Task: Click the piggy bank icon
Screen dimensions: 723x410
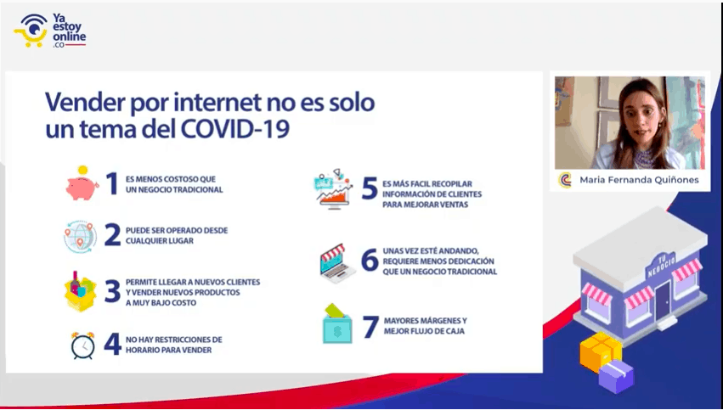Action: [x=82, y=183]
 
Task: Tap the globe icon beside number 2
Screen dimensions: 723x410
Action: [x=80, y=236]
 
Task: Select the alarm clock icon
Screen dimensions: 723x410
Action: [x=83, y=345]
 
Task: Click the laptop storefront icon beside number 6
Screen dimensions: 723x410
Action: [x=338, y=263]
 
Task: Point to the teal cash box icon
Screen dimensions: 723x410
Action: [x=337, y=324]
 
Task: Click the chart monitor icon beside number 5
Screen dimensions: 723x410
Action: [x=334, y=189]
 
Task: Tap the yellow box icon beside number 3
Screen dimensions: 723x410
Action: [x=80, y=292]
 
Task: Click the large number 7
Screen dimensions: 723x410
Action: [x=370, y=327]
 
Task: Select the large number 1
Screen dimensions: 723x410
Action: [x=112, y=184]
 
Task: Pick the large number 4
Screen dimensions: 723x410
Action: [x=112, y=344]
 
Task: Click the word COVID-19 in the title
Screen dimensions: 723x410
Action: [x=235, y=129]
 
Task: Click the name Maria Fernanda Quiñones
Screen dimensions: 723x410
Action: [x=639, y=180]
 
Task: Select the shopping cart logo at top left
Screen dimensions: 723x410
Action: [x=31, y=31]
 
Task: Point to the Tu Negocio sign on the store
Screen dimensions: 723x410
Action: [x=661, y=266]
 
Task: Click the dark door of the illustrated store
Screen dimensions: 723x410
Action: [x=663, y=300]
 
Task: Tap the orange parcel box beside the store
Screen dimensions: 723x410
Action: [x=601, y=352]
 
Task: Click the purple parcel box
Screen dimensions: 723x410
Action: [x=617, y=376]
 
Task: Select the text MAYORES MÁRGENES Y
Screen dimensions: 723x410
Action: [x=425, y=321]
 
